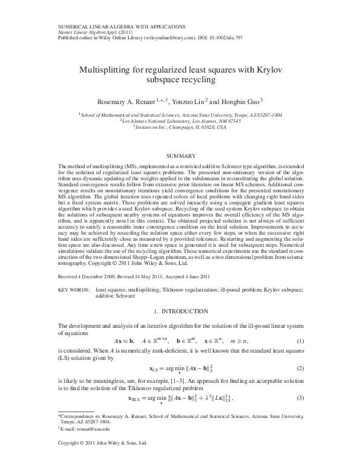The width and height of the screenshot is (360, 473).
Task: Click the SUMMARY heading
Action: (180, 156)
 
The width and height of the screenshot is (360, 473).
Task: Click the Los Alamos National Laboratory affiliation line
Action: (180, 120)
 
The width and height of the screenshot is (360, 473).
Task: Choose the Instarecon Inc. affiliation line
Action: (180, 126)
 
